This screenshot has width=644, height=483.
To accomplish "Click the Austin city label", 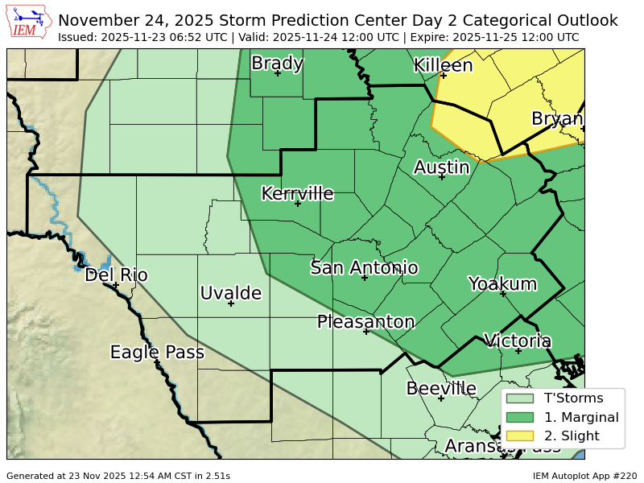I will [441, 167].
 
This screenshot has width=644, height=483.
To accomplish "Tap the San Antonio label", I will [364, 268].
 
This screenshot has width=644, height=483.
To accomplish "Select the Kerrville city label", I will [297, 193].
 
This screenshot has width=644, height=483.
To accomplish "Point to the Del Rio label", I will [116, 275].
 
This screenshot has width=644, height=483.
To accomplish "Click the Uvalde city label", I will [231, 293].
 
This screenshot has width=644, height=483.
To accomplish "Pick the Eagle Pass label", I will [157, 352].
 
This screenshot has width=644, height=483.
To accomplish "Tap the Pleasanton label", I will [365, 322].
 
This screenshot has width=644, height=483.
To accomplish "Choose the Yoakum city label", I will [502, 283].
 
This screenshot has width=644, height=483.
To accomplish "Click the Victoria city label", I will [518, 341].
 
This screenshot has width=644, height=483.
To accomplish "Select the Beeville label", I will [441, 389].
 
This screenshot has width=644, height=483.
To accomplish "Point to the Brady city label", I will [277, 63].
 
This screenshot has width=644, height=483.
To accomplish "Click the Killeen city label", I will [443, 65].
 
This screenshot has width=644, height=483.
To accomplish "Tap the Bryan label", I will [557, 119].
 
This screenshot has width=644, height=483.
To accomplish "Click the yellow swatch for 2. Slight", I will [520, 436].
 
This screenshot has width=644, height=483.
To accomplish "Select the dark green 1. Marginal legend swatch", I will [520, 417].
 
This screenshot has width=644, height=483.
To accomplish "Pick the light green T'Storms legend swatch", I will [520, 398].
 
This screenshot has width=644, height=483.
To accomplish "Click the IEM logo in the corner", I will [30, 23].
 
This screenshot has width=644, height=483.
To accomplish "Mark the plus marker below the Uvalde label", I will [231, 303].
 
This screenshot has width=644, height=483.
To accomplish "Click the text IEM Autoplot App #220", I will [584, 476].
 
